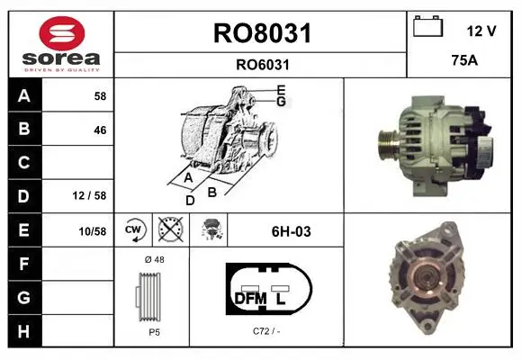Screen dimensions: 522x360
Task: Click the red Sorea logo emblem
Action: point(62,33)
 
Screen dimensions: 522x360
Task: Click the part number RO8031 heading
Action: point(262,33)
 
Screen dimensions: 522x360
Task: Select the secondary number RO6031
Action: point(263,65)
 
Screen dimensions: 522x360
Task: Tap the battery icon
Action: point(428,26)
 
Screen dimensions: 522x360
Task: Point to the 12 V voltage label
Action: point(481,31)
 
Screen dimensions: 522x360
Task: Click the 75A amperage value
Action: point(464,60)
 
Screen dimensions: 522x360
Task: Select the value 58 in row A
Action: point(100,96)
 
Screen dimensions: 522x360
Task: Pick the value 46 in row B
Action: point(100,130)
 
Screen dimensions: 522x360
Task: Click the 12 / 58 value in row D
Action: point(90,195)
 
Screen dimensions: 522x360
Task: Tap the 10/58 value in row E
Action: point(93,231)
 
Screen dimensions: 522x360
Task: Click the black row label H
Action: point(24,331)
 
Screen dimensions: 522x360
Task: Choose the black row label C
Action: point(24,163)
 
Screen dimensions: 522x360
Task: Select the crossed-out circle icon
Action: point(171,229)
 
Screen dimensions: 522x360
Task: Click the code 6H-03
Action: point(292,231)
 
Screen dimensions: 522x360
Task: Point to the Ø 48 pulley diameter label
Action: point(155,259)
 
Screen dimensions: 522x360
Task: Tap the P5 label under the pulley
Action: point(155,332)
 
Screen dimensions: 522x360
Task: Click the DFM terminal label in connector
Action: point(251,299)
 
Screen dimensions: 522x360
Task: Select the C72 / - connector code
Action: point(266,331)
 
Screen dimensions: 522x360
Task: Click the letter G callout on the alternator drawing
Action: point(282,101)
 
